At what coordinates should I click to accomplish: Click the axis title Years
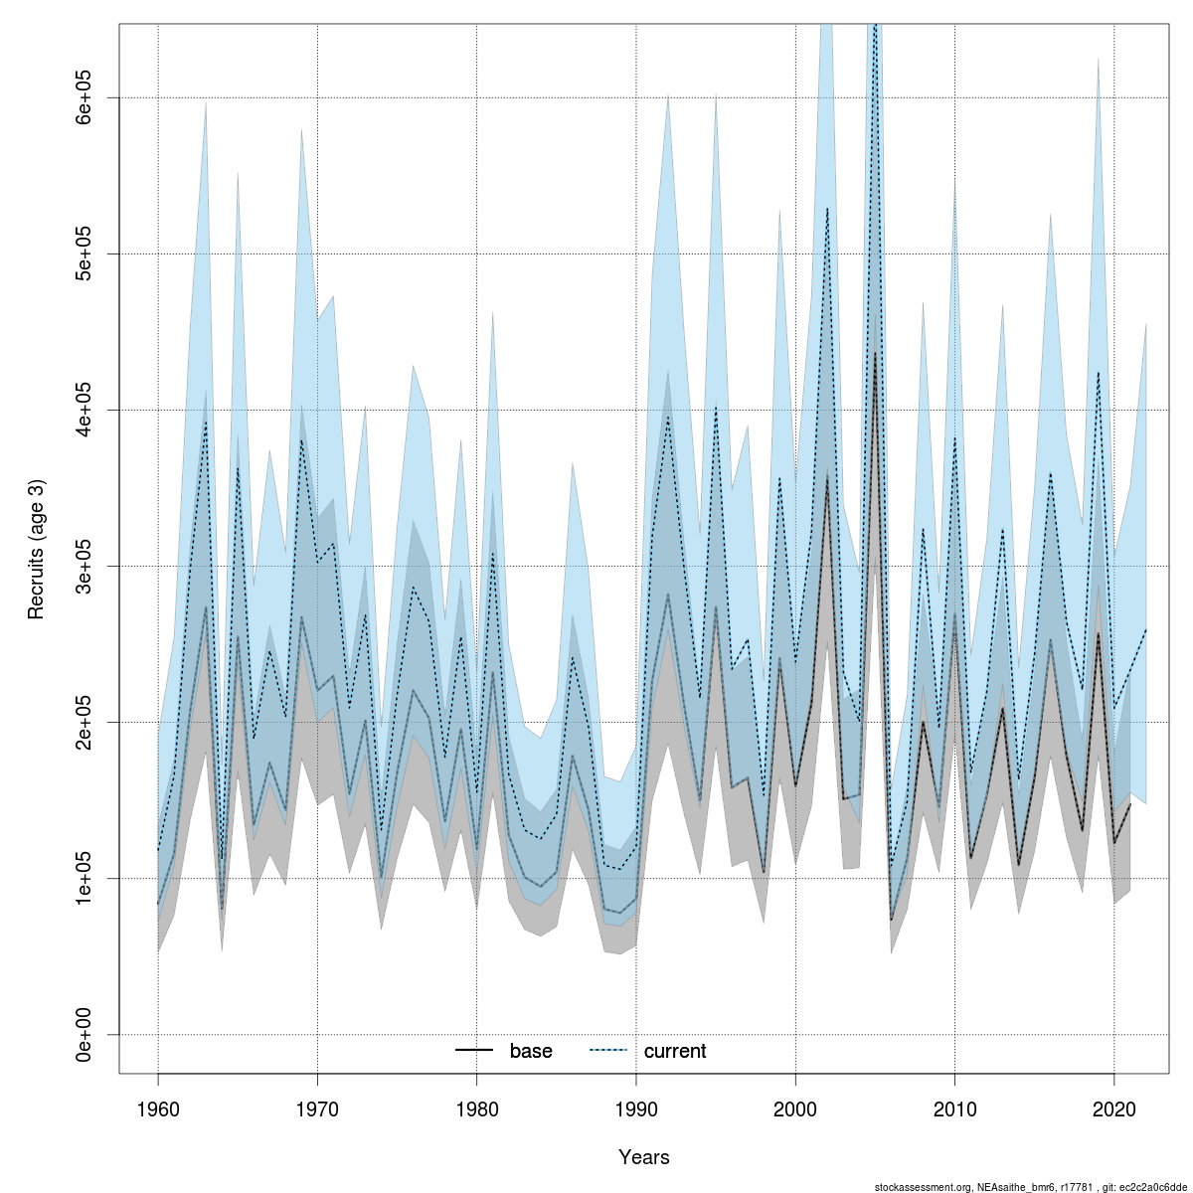pyautogui.click(x=643, y=1157)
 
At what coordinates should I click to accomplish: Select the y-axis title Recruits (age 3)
pyautogui.click(x=37, y=550)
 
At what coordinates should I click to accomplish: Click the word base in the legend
pyautogui.click(x=531, y=1051)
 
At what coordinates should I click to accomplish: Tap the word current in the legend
pyautogui.click(x=675, y=1051)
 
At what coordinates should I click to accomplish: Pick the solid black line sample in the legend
pyautogui.click(x=474, y=1051)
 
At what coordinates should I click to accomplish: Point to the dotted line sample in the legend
pyautogui.click(x=608, y=1051)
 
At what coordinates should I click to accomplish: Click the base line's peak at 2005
pyautogui.click(x=875, y=353)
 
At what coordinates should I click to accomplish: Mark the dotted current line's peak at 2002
pyautogui.click(x=827, y=208)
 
